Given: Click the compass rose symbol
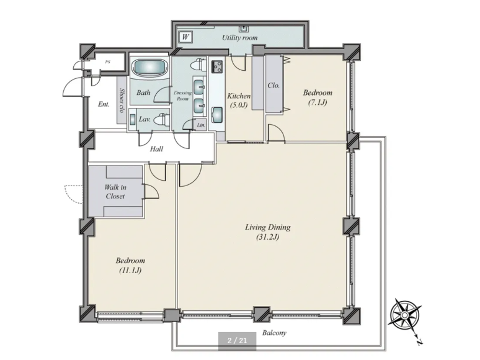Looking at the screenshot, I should (405, 315).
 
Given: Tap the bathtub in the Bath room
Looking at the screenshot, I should (150, 68).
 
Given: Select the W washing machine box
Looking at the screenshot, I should (185, 37).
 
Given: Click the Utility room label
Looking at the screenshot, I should (240, 38).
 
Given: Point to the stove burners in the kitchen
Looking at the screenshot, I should (217, 66).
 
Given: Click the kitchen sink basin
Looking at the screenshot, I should (217, 115).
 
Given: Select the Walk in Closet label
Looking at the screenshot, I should (115, 192).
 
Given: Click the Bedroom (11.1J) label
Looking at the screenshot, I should (130, 265).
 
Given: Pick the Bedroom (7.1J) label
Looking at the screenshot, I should (317, 97).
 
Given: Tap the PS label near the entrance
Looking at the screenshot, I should (108, 62).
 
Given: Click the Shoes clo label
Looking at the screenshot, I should (121, 100).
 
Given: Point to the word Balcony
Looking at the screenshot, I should (274, 333).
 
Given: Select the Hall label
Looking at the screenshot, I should (156, 149).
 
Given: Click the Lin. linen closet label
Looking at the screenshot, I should (201, 125).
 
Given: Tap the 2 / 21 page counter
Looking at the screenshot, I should (237, 340).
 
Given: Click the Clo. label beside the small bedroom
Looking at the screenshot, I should (273, 85).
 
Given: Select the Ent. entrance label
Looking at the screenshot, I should (104, 104).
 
